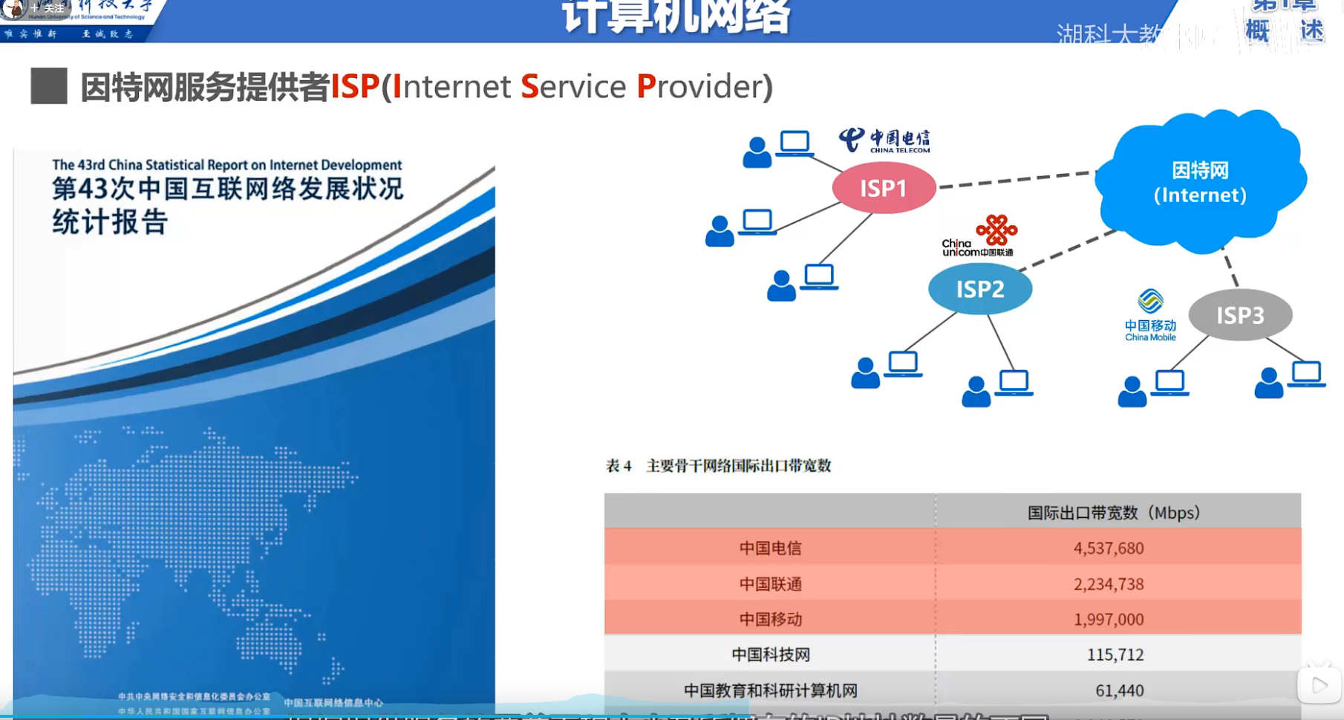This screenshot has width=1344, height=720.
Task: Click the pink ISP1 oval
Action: click(883, 188)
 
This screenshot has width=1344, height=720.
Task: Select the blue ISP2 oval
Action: click(979, 288)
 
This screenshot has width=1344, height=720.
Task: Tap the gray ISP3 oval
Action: click(1239, 315)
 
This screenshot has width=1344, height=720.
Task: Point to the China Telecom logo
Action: click(884, 140)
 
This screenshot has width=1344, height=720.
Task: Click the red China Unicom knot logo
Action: click(996, 230)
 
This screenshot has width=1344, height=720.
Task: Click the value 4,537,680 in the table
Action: click(1108, 548)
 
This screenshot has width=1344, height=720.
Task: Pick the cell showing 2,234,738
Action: click(1108, 584)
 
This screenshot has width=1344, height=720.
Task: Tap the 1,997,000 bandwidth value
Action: click(1108, 620)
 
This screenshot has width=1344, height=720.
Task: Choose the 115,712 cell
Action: click(1115, 655)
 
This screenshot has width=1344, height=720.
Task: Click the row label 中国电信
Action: click(770, 548)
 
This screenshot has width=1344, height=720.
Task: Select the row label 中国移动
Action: click(770, 620)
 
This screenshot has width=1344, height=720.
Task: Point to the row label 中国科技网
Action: click(770, 655)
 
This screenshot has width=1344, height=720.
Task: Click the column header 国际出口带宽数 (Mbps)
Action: click(1114, 513)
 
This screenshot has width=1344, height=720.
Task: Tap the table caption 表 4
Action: click(618, 466)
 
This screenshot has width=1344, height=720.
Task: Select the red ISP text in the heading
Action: click(355, 87)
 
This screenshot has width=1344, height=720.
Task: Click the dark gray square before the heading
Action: click(49, 86)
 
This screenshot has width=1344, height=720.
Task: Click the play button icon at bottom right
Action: click(1319, 685)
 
